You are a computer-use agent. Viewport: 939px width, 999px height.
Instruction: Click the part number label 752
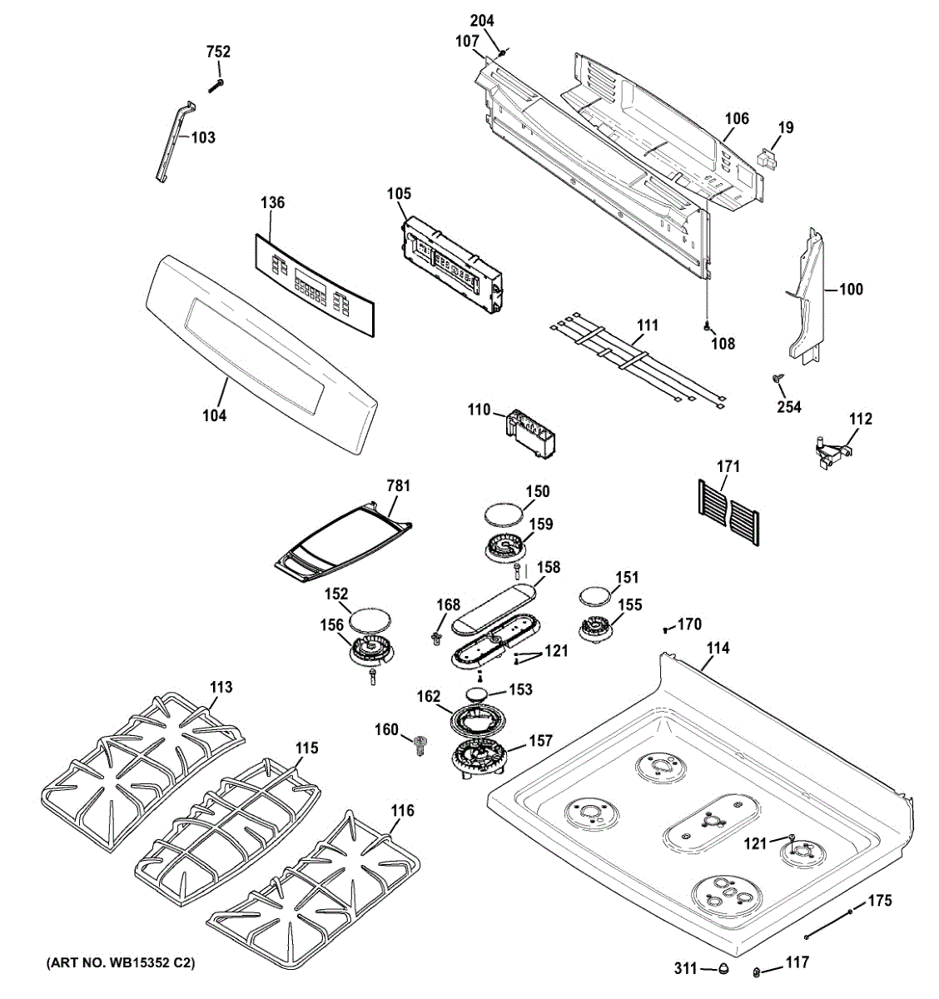pyautogui.click(x=218, y=52)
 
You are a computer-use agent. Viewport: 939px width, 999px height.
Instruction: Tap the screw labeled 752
pyautogui.click(x=216, y=86)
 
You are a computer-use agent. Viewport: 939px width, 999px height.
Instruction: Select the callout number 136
pyautogui.click(x=273, y=202)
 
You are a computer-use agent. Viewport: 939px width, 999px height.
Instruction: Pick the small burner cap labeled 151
pyautogui.click(x=597, y=598)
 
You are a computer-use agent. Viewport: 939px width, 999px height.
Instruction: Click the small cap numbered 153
pyautogui.click(x=478, y=694)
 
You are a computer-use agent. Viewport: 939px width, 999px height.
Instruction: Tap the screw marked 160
pyautogui.click(x=420, y=745)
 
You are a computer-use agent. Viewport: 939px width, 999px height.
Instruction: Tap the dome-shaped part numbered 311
pyautogui.click(x=723, y=968)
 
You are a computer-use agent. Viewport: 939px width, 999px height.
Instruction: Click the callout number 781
pyautogui.click(x=399, y=485)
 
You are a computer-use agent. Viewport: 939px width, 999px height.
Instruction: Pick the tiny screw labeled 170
pyautogui.click(x=665, y=629)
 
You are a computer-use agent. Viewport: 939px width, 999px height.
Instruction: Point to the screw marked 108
pyautogui.click(x=707, y=326)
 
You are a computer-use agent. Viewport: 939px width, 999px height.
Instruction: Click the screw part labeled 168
pyautogui.click(x=435, y=639)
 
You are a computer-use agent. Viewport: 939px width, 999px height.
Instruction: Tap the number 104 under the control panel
pyautogui.click(x=215, y=415)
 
